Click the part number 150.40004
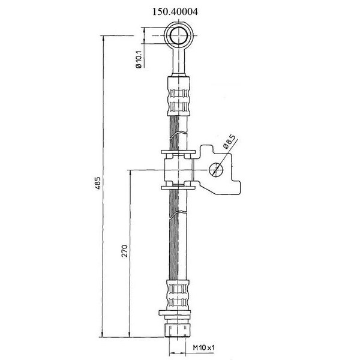click(175, 11)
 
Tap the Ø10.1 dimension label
click(139, 59)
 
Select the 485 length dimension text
click(98, 183)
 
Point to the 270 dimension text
click(124, 251)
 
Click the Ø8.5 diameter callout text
click(229, 142)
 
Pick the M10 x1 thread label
click(203, 347)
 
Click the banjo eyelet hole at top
click(179, 35)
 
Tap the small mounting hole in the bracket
click(216, 170)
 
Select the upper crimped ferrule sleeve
click(179, 96)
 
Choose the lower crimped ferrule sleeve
click(179, 295)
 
